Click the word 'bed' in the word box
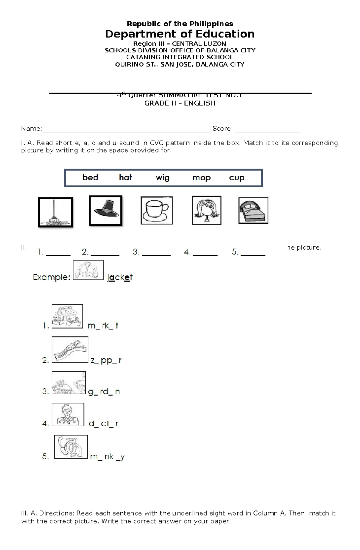click(x=90, y=177)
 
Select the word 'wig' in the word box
click(x=163, y=178)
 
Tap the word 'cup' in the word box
click(x=237, y=178)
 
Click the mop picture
click(x=55, y=212)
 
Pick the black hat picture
click(x=106, y=210)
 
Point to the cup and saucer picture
click(x=157, y=210)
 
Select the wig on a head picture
click(x=206, y=210)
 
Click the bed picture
click(x=253, y=210)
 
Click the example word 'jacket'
click(x=120, y=278)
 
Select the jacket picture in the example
click(x=88, y=270)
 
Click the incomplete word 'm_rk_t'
click(x=103, y=326)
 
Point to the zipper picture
click(x=70, y=349)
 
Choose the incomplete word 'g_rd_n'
click(x=104, y=392)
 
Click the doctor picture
click(x=68, y=415)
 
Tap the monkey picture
click(x=71, y=447)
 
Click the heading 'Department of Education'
click(x=180, y=34)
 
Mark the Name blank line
click(x=126, y=131)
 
